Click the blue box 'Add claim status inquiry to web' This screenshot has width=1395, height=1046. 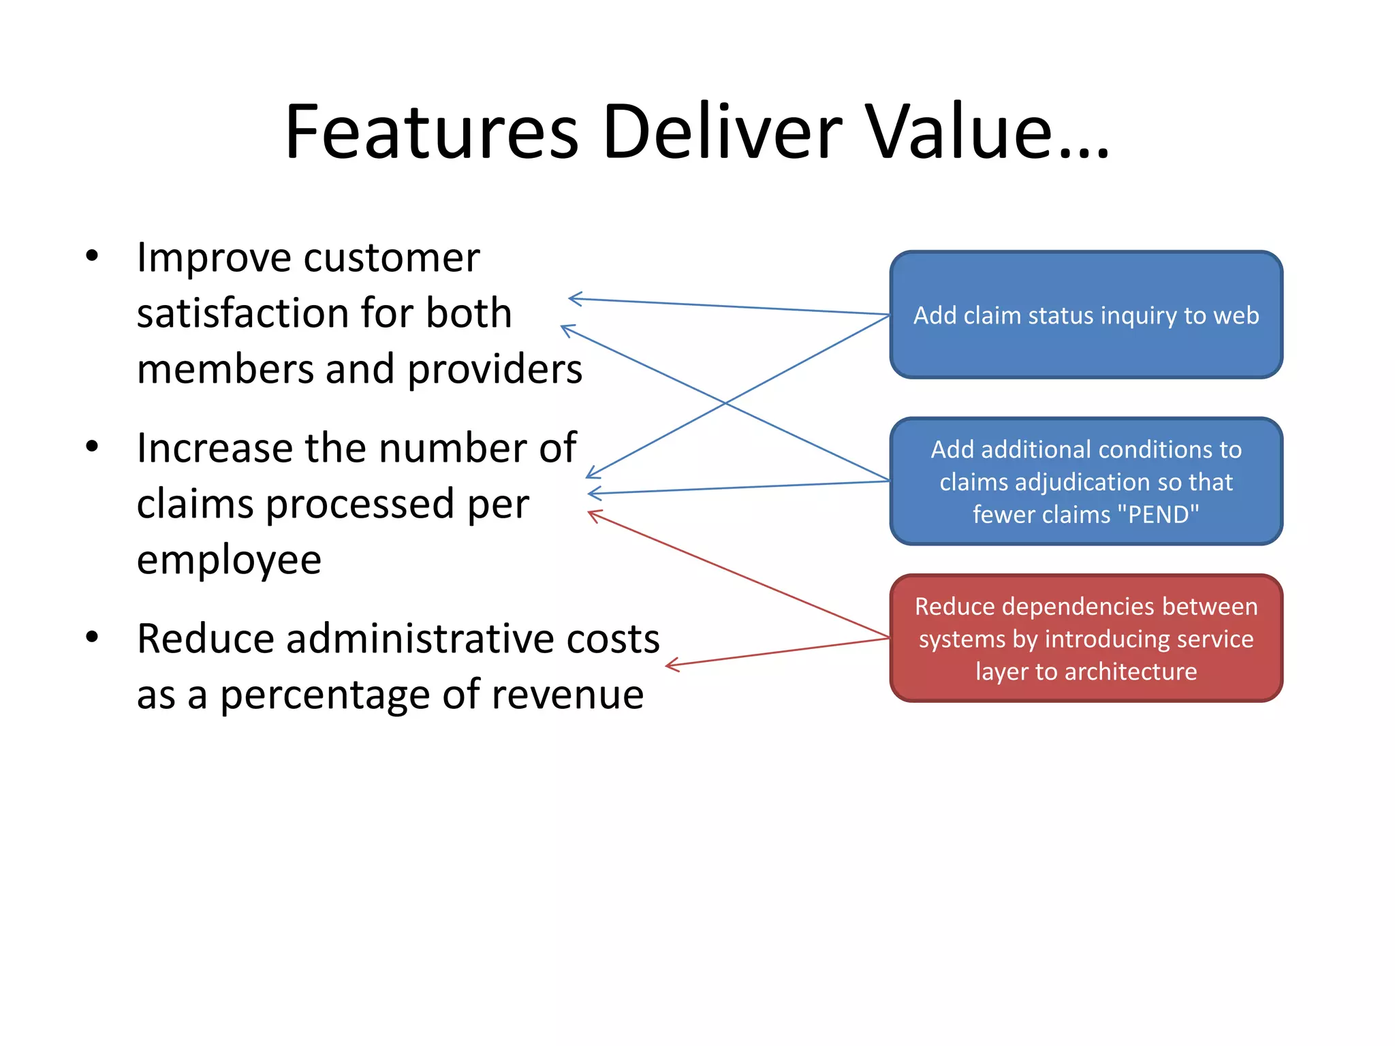click(1086, 315)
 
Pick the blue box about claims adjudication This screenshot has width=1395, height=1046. click(1086, 481)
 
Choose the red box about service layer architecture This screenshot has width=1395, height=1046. click(1086, 638)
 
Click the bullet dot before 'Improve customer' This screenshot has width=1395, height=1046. click(92, 256)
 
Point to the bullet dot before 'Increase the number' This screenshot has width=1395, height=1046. click(92, 447)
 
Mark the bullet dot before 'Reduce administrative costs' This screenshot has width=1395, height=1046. click(92, 637)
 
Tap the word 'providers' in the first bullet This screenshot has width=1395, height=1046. click(495, 369)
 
